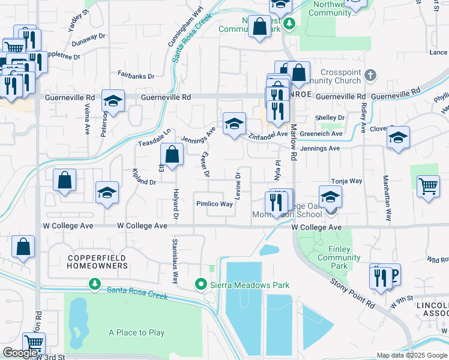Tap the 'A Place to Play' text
pos(136,332)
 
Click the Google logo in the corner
pos(20,353)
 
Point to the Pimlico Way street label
pos(214,204)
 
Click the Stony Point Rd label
pos(352,292)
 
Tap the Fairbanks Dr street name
pos(136,76)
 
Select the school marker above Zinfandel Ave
pos(234,123)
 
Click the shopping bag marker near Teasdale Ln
pos(172,154)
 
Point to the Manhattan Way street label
pos(388,202)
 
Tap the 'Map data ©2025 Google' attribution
pos(411,355)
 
